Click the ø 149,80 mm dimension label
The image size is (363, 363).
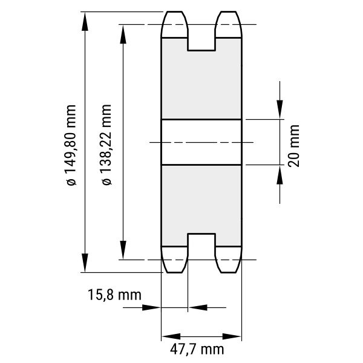71,145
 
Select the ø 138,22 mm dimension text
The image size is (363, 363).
106,145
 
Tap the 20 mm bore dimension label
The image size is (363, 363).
294,146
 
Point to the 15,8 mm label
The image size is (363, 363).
114,295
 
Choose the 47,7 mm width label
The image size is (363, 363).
197,349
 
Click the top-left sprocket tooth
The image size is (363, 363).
174,24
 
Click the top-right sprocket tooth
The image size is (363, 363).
229,24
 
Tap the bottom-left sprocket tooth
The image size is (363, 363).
174,260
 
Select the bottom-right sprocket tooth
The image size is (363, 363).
229,260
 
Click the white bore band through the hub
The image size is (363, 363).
201,142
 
